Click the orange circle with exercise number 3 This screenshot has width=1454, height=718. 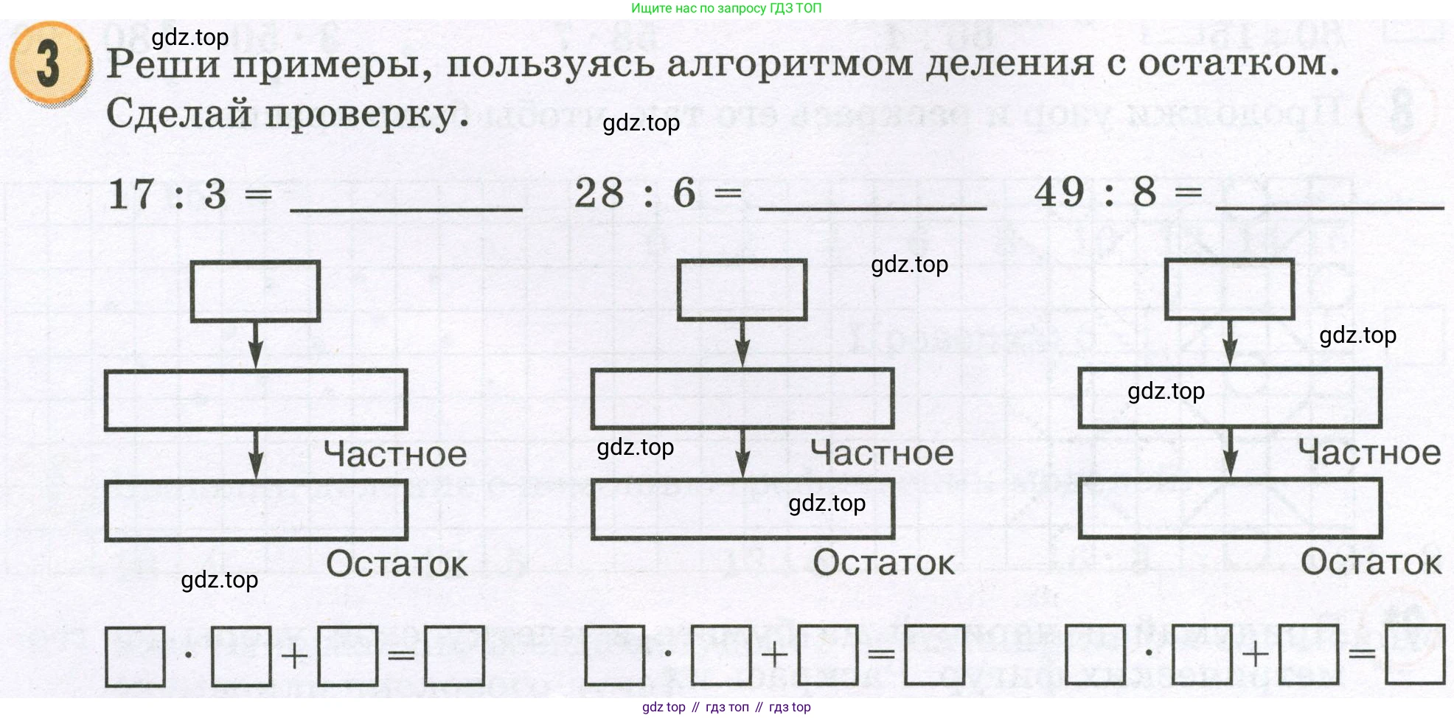click(x=49, y=64)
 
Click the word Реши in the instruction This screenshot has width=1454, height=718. click(x=163, y=64)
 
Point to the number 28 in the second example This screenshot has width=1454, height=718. click(x=599, y=193)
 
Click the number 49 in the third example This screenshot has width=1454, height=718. click(x=1060, y=192)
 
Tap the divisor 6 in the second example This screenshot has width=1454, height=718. click(x=684, y=193)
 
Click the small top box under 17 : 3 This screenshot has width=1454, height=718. click(x=255, y=291)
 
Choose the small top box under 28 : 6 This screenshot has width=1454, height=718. click(x=742, y=290)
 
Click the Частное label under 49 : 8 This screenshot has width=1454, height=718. click(x=1369, y=452)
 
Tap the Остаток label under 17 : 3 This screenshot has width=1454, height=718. click(x=397, y=564)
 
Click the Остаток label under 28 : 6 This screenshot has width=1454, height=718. click(x=883, y=562)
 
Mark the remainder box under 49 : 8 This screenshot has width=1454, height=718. click(x=1230, y=509)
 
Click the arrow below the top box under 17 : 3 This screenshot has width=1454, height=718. click(x=255, y=345)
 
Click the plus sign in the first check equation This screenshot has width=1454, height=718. click(x=294, y=655)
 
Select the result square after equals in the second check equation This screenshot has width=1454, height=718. click(x=934, y=655)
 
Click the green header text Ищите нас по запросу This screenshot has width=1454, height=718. click(x=726, y=8)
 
